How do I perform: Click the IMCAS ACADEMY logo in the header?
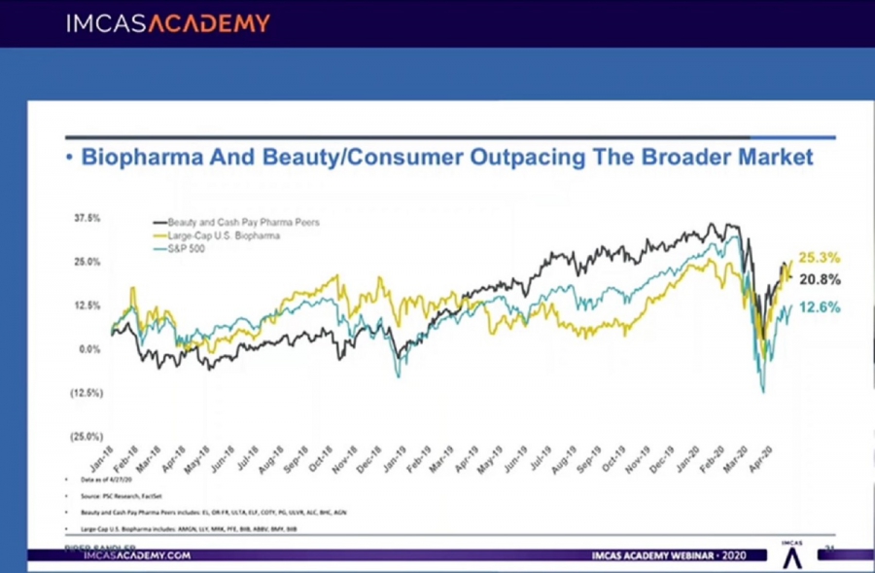pos(168,23)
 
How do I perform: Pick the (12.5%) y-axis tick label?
pos(87,393)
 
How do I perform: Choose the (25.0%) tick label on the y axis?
pos(87,437)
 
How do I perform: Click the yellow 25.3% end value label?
pos(820,259)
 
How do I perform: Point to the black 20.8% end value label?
pos(820,279)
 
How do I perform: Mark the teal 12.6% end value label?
pos(820,308)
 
